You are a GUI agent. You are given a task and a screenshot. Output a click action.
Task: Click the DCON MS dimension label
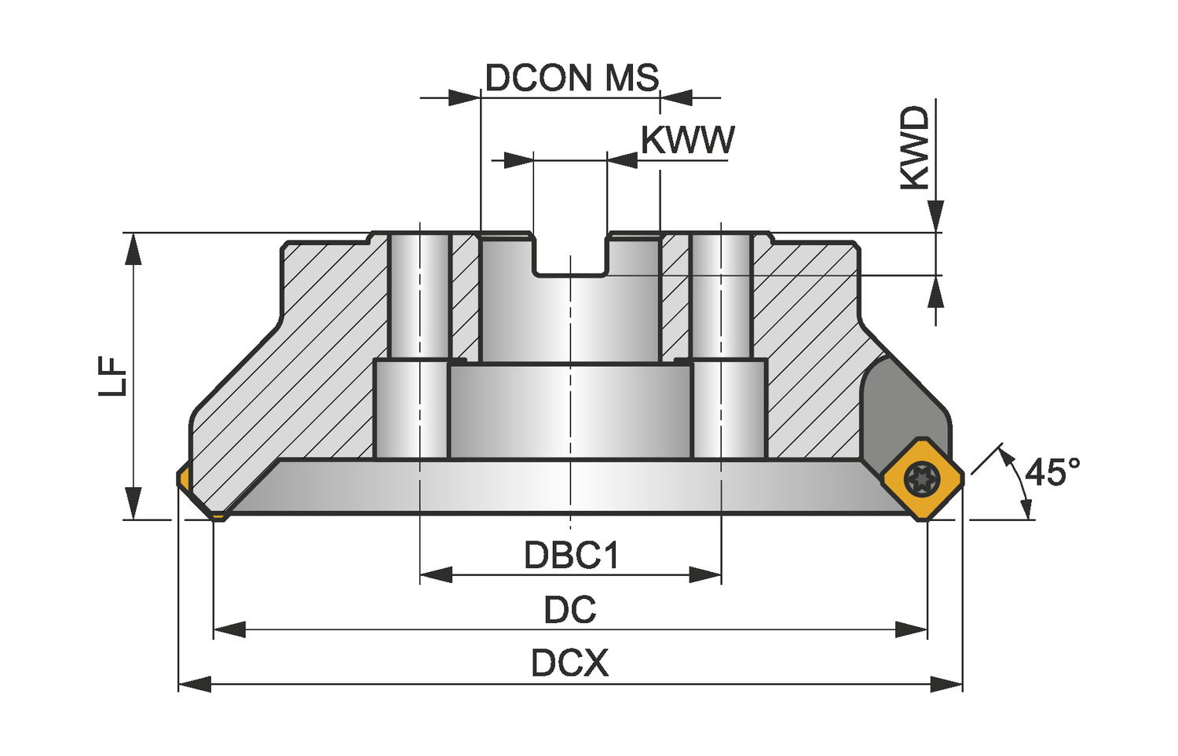[x=572, y=79]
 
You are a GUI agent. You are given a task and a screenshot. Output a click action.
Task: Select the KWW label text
[x=687, y=141]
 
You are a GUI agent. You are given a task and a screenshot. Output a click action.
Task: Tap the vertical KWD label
[x=914, y=148]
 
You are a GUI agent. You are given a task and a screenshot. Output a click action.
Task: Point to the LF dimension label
[x=113, y=376]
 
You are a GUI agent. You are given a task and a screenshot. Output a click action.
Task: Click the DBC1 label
[x=572, y=556]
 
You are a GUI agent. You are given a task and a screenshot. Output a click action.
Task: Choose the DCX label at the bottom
[x=569, y=663]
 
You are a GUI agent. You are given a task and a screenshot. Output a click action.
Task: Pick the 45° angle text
[x=1052, y=472]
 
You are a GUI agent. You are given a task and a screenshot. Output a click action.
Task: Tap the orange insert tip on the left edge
[x=183, y=478]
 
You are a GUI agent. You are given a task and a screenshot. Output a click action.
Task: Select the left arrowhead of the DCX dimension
[x=195, y=684]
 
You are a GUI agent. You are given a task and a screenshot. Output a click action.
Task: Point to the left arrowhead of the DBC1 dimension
[x=436, y=575]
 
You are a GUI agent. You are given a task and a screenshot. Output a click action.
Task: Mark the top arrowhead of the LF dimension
[x=134, y=249]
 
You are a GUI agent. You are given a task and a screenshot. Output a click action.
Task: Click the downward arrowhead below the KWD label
[x=935, y=215]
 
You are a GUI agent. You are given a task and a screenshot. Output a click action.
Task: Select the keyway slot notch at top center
[x=570, y=255]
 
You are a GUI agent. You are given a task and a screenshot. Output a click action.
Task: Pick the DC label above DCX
[x=570, y=610]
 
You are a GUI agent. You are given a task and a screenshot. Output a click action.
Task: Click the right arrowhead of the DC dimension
[x=912, y=629]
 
